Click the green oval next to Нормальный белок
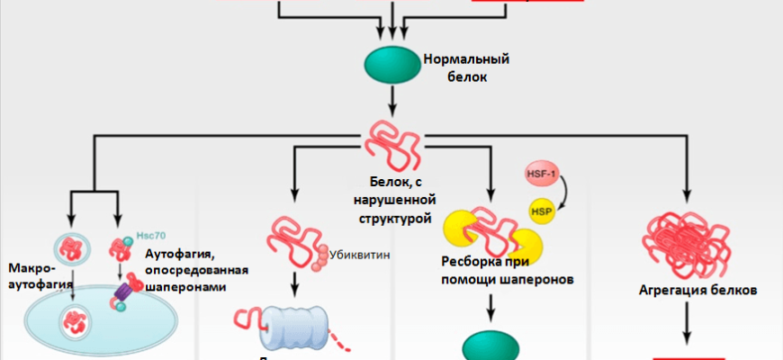pyautogui.click(x=391, y=67)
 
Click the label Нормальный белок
pyautogui.click(x=466, y=68)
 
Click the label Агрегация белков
pyautogui.click(x=691, y=291)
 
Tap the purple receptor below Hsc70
pyautogui.click(x=123, y=293)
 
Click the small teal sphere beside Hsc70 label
pyautogui.click(x=128, y=238)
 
